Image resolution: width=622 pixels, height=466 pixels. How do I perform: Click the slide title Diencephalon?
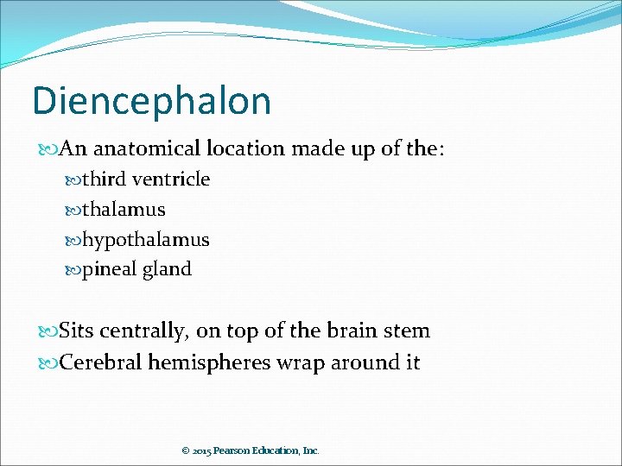[x=151, y=101]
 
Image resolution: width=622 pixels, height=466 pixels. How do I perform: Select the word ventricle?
[x=171, y=179]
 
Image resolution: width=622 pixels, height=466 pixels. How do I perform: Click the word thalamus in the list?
[x=124, y=209]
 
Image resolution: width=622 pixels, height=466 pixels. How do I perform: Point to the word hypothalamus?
[x=145, y=239]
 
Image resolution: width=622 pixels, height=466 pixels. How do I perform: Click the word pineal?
[x=110, y=269]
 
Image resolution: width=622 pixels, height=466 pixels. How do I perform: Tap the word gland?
[x=168, y=269]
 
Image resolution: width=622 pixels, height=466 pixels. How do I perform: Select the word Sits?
[x=79, y=331]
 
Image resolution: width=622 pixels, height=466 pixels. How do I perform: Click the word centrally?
[x=148, y=331]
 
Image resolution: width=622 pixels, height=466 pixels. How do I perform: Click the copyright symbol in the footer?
[x=185, y=450]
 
